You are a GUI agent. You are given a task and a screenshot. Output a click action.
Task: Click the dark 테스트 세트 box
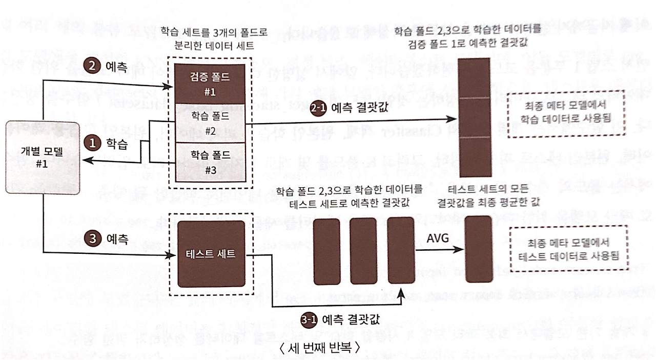pyautogui.click(x=211, y=254)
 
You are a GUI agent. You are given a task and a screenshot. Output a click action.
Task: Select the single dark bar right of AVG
pyautogui.click(x=479, y=249)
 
